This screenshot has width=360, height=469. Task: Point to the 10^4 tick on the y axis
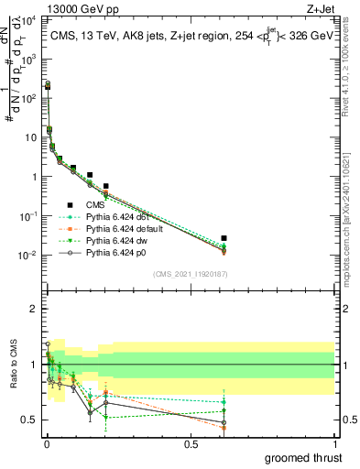tap(31, 19)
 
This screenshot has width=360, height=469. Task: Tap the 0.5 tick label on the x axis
tap(191, 444)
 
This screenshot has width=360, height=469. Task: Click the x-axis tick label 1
tap(334, 444)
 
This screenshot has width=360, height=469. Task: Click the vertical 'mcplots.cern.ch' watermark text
tap(352, 229)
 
